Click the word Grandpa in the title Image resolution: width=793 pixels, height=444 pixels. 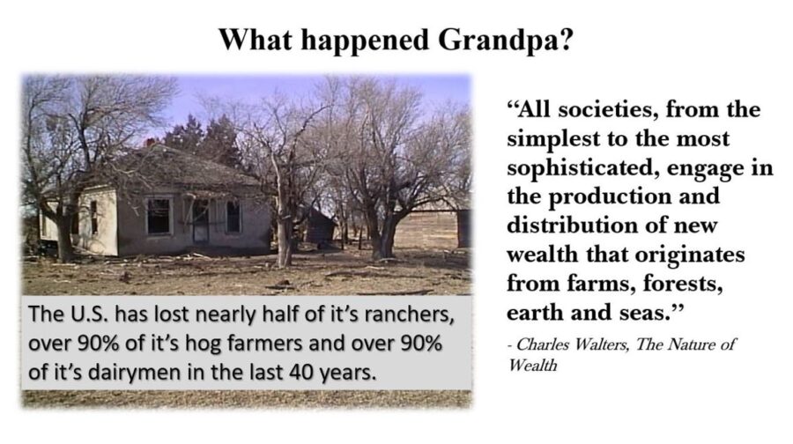tap(505, 40)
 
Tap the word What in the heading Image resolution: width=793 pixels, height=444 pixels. tap(255, 40)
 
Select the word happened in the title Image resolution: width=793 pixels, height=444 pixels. tap(364, 41)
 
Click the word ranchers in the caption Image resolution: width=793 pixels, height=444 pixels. tap(409, 314)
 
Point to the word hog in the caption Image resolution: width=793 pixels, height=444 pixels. tap(204, 344)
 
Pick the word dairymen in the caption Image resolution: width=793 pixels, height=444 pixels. tap(134, 373)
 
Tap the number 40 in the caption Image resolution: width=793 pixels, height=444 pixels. tap(301, 373)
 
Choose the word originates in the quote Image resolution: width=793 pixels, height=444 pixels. tap(690, 255)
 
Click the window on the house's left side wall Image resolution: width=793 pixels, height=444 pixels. tap(94, 218)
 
